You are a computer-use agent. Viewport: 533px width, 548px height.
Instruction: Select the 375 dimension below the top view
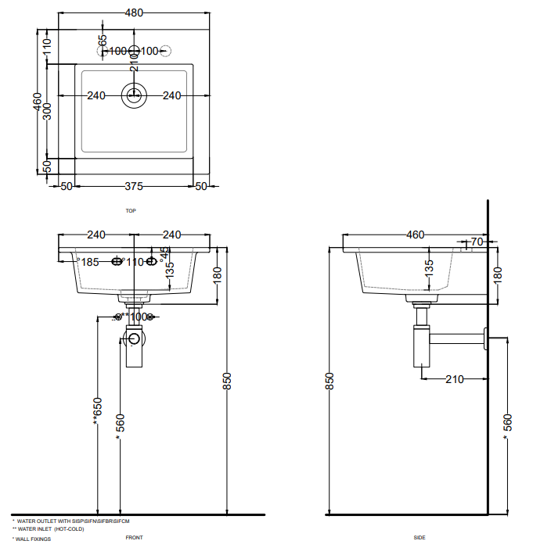coord(134,186)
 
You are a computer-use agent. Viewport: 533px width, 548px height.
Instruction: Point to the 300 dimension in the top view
coord(47,111)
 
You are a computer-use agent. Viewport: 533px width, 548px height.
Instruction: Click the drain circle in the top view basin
coord(134,95)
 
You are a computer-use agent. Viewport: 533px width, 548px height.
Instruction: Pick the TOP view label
coord(131,211)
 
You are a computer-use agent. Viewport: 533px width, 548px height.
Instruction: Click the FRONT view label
coord(134,538)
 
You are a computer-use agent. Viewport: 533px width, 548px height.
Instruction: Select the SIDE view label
coord(420,538)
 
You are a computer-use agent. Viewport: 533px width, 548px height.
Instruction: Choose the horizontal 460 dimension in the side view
coord(414,235)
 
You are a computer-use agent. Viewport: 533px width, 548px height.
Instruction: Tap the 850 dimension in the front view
coord(226,381)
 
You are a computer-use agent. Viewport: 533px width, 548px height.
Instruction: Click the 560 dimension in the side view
coord(506,423)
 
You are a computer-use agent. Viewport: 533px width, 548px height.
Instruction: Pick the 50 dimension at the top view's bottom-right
coord(201,186)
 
